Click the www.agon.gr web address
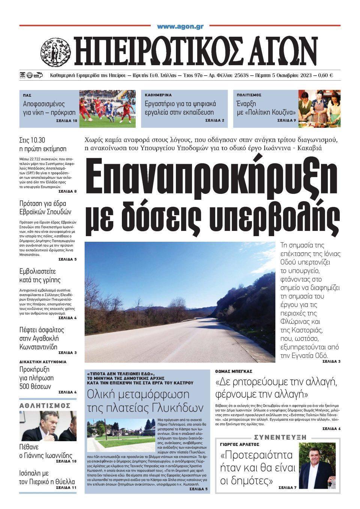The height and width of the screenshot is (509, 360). (180, 27)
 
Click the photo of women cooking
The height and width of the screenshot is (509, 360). (319, 108)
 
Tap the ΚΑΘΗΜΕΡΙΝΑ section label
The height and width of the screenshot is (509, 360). (158, 95)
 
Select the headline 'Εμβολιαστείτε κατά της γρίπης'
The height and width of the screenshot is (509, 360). (40, 276)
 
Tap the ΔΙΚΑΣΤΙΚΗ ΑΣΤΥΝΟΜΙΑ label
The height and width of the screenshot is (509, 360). (43, 362)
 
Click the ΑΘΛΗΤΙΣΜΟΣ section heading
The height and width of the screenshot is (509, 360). (45, 406)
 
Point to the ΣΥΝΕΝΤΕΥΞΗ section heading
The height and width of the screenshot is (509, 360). (280, 437)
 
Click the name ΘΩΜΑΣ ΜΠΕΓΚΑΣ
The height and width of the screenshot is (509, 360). (233, 371)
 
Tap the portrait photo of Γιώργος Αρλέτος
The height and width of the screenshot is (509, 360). (317, 466)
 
